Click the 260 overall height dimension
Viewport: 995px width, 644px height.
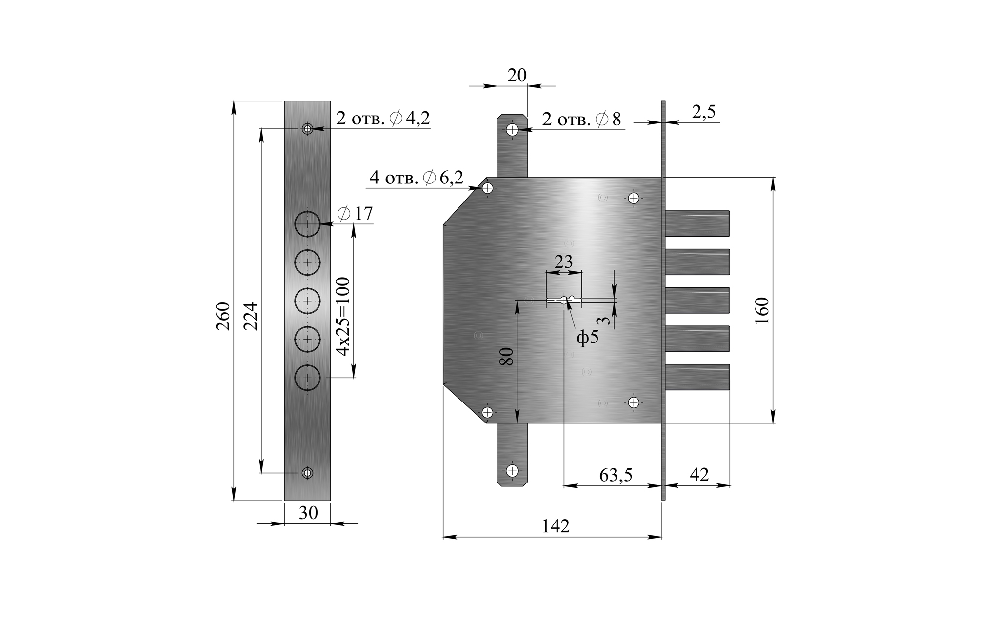(223, 316)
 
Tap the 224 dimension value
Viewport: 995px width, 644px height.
(251, 316)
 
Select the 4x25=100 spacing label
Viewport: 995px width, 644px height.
(343, 317)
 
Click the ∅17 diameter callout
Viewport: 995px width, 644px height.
(355, 214)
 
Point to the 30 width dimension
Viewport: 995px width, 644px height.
(308, 513)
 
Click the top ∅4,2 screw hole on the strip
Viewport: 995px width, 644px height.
(307, 129)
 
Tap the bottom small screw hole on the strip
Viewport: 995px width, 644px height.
(307, 473)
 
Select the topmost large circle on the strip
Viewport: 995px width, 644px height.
(307, 224)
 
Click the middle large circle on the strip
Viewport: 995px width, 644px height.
(307, 301)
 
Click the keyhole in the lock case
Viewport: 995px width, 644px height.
(564, 301)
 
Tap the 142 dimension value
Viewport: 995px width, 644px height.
(556, 526)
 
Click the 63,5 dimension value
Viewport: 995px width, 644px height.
(616, 475)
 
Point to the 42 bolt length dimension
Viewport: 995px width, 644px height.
(699, 474)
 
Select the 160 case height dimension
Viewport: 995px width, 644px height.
(761, 310)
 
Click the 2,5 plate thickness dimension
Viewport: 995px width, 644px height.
(704, 112)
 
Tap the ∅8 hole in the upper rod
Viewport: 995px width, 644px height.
(512, 130)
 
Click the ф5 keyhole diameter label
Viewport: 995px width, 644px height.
(587, 338)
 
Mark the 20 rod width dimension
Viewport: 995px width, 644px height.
(517, 76)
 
